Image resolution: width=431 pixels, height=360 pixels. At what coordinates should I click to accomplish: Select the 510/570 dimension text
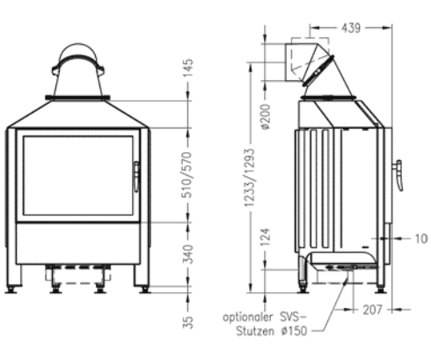pos(188,175)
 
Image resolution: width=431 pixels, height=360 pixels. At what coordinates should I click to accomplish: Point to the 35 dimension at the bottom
pos(188,322)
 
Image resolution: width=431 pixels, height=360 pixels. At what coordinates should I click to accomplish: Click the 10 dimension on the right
pos(419,238)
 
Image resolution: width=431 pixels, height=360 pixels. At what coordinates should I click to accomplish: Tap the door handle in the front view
pos(136,176)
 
